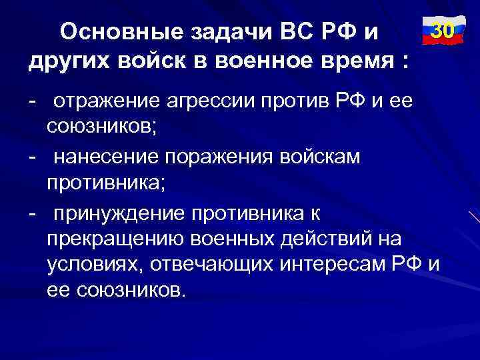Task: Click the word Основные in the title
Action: coord(114,33)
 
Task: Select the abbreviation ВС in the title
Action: coord(289,33)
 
